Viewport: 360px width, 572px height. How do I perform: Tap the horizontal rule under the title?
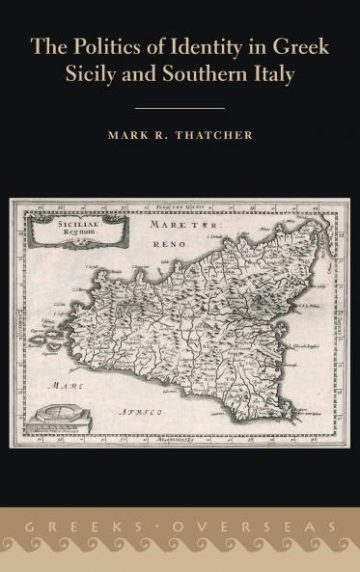[180, 108]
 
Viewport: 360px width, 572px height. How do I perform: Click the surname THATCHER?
[216, 136]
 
